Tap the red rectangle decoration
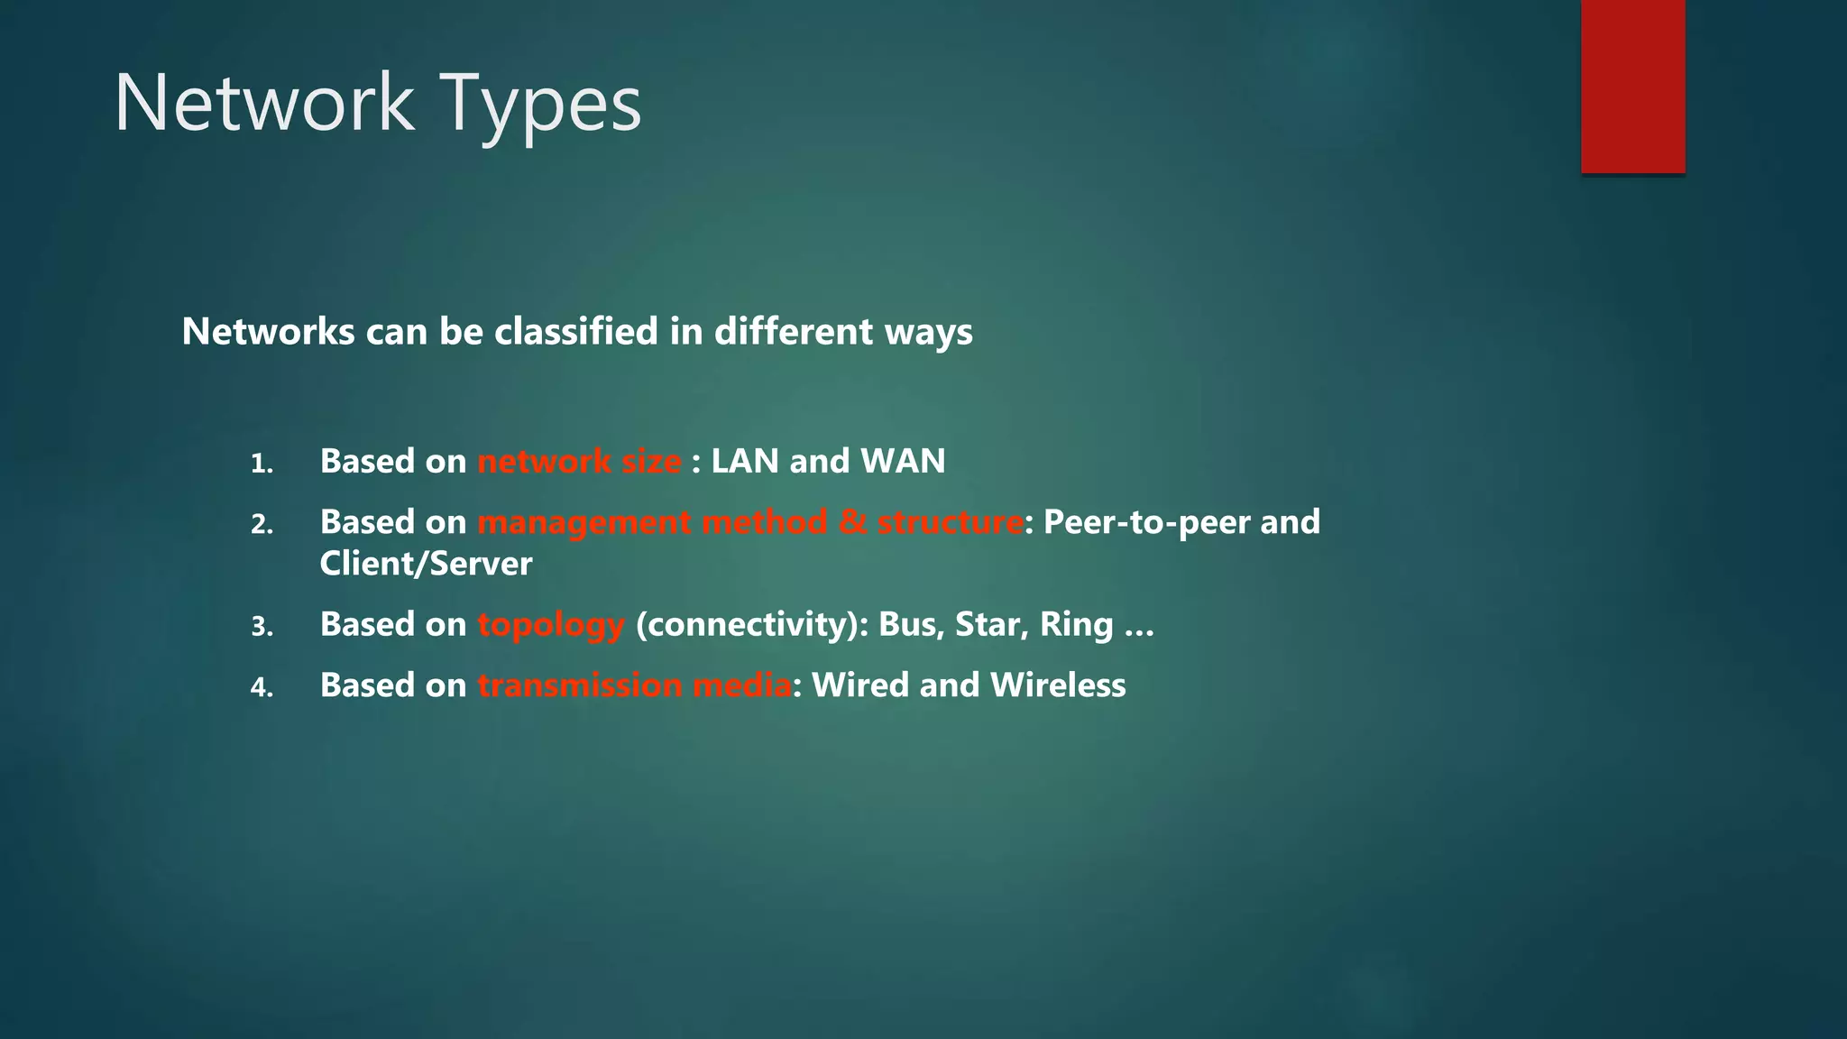tap(1632, 87)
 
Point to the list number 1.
tap(262, 464)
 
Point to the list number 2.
tap(262, 525)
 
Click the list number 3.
tap(262, 627)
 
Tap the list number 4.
tap(262, 688)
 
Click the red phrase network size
tap(579, 462)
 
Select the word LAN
tap(744, 462)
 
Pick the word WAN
tap(903, 462)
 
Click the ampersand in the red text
tap(852, 522)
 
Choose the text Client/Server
tap(426, 565)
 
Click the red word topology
tap(550, 625)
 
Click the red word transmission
tap(580, 685)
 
